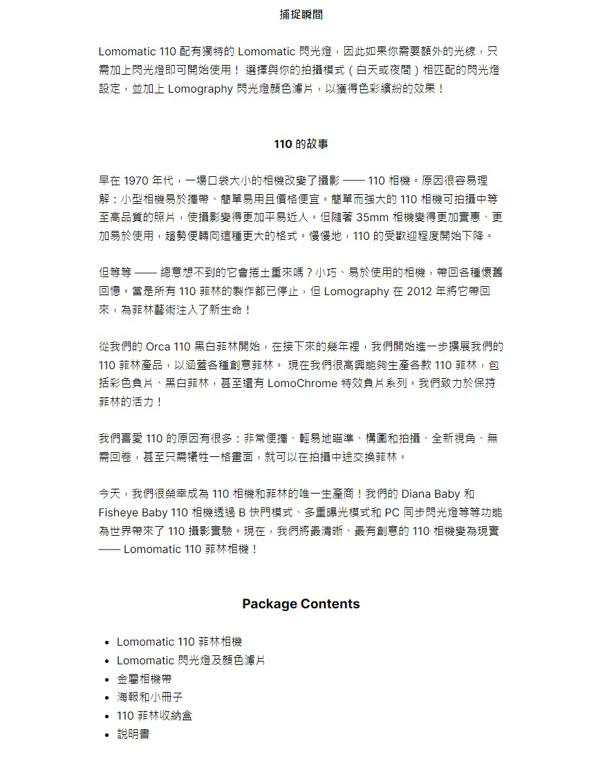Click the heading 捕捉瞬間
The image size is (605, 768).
[x=301, y=15]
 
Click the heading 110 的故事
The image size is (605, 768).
[x=301, y=144]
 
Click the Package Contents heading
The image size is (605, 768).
[x=301, y=603]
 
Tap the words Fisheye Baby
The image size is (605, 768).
[x=133, y=513]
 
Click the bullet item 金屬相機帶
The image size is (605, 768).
[x=145, y=679]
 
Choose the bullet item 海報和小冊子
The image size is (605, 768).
[x=150, y=697]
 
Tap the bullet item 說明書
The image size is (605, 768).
[x=133, y=734]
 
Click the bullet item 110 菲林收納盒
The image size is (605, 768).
[x=154, y=715]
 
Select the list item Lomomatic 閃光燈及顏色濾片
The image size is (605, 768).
[x=190, y=660]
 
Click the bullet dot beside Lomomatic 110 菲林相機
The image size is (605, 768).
[x=108, y=642]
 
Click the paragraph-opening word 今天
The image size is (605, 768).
[x=110, y=494]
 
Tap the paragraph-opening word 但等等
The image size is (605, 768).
[x=115, y=273]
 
